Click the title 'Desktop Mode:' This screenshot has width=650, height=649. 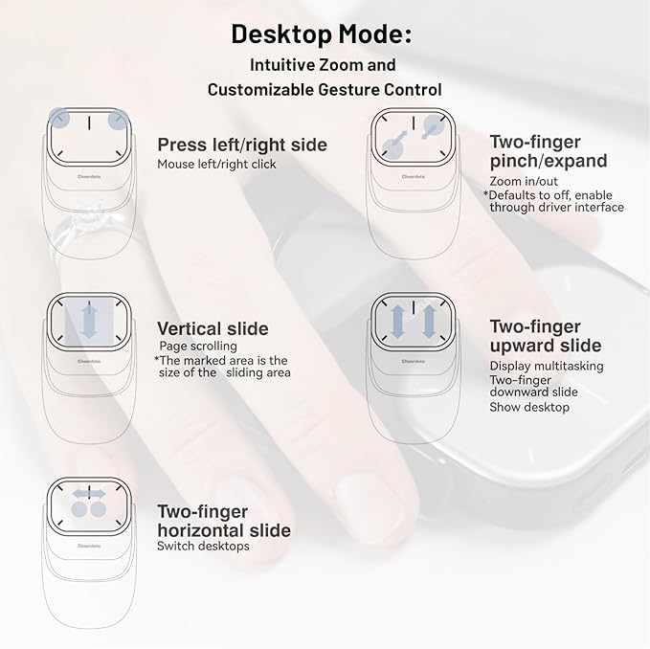[322, 34]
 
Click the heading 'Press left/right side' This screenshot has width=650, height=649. [242, 145]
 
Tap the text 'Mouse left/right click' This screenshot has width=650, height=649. [217, 164]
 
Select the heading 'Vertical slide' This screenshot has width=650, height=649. [213, 328]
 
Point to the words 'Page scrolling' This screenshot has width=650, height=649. [199, 346]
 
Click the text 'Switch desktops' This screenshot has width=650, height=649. [203, 547]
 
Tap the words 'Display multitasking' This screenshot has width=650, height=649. [547, 366]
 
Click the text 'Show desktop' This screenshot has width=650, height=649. [529, 407]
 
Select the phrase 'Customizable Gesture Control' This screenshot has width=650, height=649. [325, 90]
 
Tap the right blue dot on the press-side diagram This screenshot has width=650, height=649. [118, 120]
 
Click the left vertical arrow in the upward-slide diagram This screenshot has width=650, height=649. [396, 321]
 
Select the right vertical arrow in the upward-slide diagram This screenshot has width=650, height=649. [429, 321]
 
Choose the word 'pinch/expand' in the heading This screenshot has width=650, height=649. [548, 161]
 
